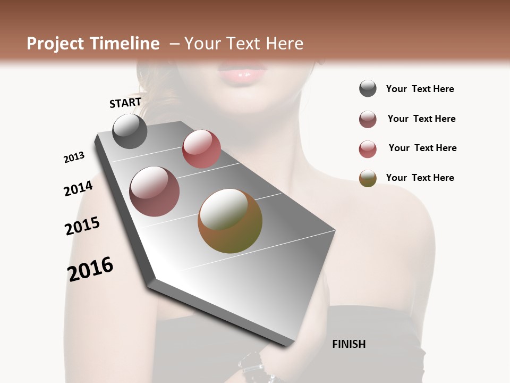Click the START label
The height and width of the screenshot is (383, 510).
click(x=125, y=103)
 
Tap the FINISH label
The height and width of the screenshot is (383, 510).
click(x=348, y=344)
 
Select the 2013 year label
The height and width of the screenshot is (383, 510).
click(x=74, y=157)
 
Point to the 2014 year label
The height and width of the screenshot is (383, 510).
click(x=78, y=188)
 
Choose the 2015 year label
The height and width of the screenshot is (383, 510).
click(x=82, y=226)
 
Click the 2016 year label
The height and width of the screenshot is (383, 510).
click(x=90, y=269)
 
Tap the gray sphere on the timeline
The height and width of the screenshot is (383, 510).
click(x=130, y=131)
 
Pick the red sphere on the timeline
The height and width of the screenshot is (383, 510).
click(x=201, y=149)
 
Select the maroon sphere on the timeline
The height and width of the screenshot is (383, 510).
click(x=155, y=191)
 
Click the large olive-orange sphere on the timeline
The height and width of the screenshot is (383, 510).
click(x=230, y=221)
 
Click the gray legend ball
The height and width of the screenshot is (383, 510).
click(x=368, y=89)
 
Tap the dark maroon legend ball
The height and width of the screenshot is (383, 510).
click(x=368, y=119)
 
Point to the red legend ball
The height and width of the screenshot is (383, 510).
click(x=368, y=149)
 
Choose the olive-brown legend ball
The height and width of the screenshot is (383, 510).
click(x=368, y=178)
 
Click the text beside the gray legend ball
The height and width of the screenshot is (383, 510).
click(x=420, y=89)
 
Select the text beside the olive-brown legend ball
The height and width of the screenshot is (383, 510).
click(x=420, y=178)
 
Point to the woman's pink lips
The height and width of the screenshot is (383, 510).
click(x=243, y=72)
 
